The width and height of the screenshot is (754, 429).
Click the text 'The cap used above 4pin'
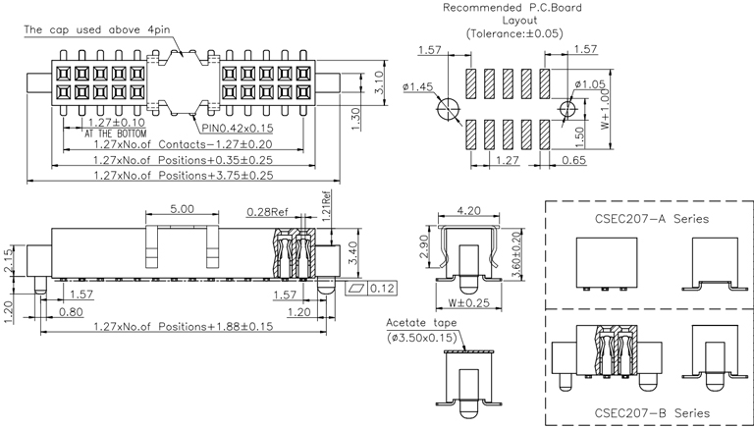point(93,30)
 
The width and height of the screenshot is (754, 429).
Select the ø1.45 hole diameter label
point(417,86)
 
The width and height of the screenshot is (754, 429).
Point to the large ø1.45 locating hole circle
point(450,107)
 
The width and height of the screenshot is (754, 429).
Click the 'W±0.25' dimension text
point(470,302)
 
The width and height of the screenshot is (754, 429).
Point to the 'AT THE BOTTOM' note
point(115,133)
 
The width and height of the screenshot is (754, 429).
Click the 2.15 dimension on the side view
point(9,261)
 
